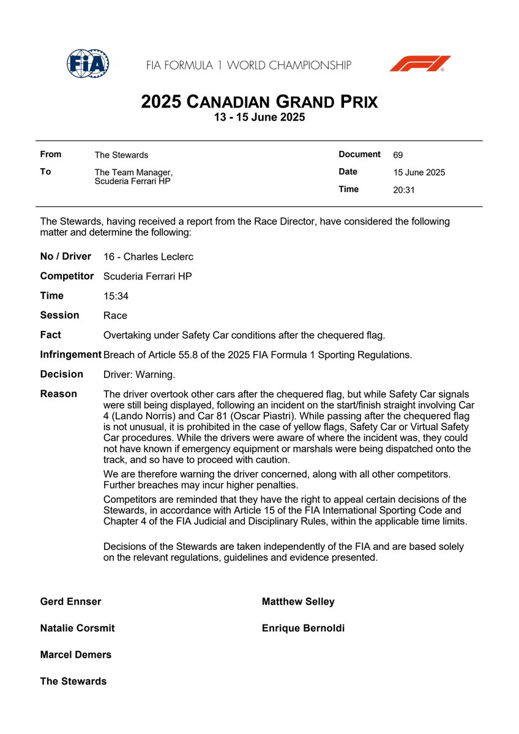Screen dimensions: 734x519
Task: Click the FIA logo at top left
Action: click(x=87, y=63)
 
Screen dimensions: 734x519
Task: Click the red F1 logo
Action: click(x=420, y=64)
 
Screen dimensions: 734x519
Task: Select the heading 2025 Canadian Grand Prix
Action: click(x=259, y=101)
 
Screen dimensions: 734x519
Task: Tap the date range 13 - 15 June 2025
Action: click(x=259, y=117)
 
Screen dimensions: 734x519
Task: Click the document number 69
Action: click(x=398, y=155)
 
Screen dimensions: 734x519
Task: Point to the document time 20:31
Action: click(x=404, y=190)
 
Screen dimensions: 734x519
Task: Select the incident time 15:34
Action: click(x=116, y=296)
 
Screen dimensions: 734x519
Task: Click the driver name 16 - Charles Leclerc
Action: click(x=148, y=257)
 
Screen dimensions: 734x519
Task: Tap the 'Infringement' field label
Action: click(x=70, y=354)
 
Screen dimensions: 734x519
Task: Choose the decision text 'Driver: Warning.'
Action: click(x=139, y=374)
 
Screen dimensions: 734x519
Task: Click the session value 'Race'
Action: click(x=115, y=316)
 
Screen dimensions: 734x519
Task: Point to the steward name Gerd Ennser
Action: click(x=70, y=601)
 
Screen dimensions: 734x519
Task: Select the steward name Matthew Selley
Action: click(x=298, y=601)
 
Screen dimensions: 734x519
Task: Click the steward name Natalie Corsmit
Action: click(x=77, y=628)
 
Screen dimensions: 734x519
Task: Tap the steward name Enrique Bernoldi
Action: click(x=303, y=628)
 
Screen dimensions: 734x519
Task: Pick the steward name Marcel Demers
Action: click(x=76, y=654)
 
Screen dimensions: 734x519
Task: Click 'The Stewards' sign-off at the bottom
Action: click(x=73, y=681)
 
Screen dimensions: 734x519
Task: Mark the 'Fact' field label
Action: click(x=51, y=335)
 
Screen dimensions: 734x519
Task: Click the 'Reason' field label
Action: click(x=59, y=394)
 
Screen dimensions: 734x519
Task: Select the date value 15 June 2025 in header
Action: click(x=419, y=172)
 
